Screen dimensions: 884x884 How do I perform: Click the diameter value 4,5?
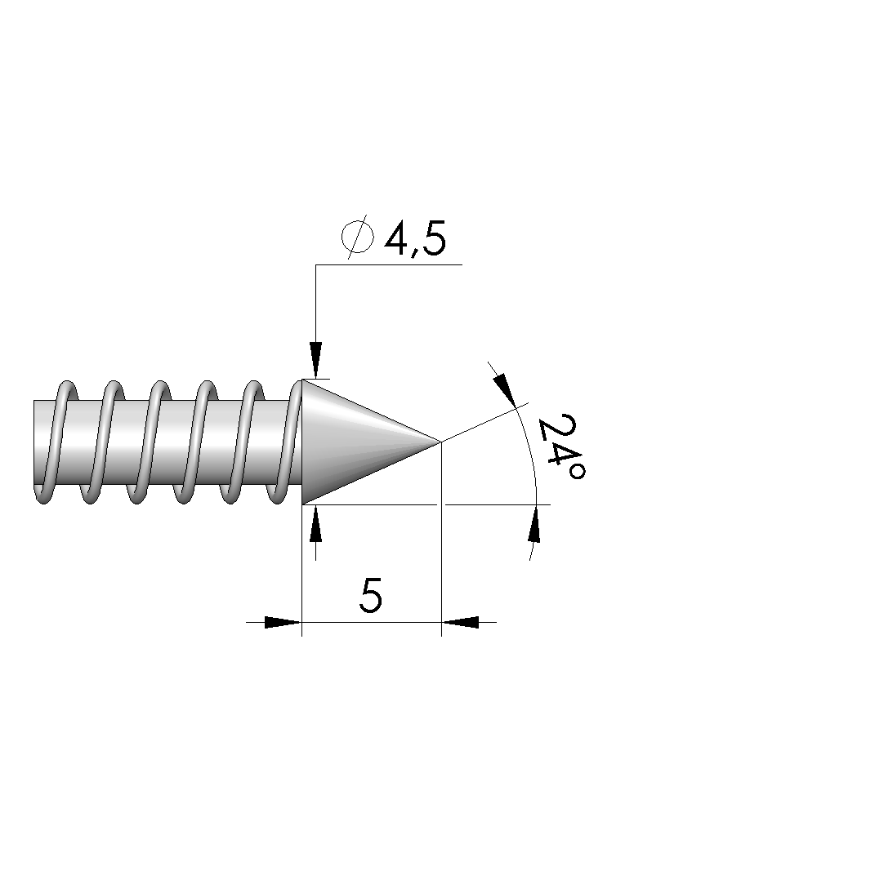pyautogui.click(x=415, y=238)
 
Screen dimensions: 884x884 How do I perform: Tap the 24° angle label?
pyautogui.click(x=561, y=447)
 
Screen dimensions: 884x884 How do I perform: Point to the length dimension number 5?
pyautogui.click(x=371, y=595)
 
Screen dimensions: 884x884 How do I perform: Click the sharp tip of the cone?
pyautogui.click(x=440, y=442)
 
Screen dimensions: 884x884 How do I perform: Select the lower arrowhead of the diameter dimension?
pyautogui.click(x=315, y=523)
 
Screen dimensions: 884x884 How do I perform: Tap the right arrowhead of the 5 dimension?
pyautogui.click(x=460, y=622)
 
